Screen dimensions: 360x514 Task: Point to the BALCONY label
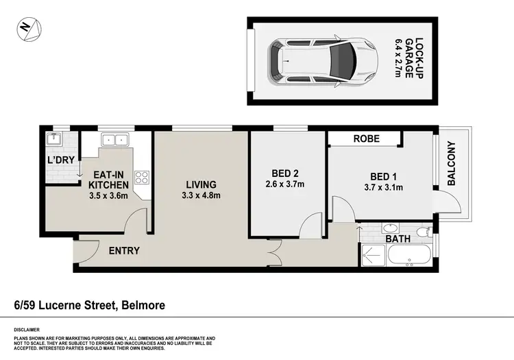click(451, 163)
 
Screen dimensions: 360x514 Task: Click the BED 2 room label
click(284, 172)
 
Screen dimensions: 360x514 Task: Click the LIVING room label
click(201, 184)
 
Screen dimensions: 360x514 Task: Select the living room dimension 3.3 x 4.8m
click(201, 196)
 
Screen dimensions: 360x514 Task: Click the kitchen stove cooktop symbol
click(143, 178)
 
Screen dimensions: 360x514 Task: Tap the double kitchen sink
click(114, 140)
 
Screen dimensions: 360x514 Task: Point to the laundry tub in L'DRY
click(55, 140)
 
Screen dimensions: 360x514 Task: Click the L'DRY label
click(60, 160)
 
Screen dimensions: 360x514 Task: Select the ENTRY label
click(124, 251)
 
